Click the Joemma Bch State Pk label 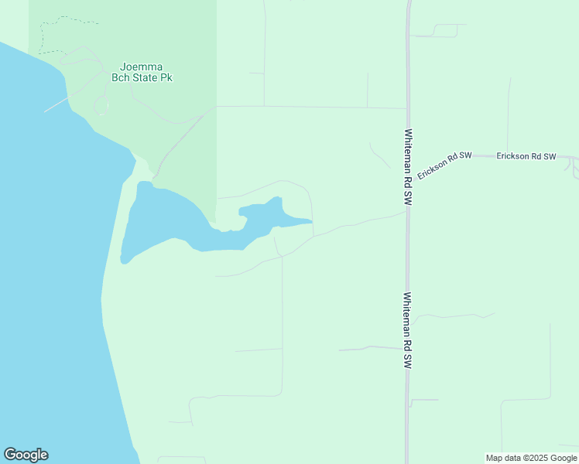[146, 72]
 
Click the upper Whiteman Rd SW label [407, 166]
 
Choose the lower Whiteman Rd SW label [407, 329]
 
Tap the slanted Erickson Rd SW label [444, 165]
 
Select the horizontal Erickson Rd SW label [526, 156]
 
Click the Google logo [26, 455]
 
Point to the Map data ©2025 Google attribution [531, 458]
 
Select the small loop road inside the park [101, 106]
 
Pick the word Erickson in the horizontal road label [512, 156]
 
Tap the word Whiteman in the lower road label [407, 319]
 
